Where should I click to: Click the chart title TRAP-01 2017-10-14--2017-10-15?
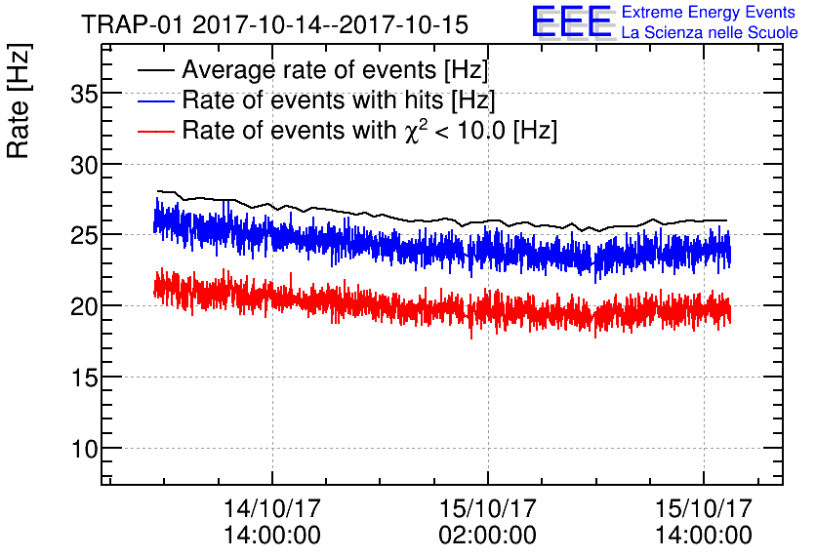coord(274,22)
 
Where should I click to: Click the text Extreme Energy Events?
coord(709,13)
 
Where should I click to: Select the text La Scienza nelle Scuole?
coord(709,33)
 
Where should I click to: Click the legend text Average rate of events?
coord(335,70)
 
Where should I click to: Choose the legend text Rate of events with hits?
coord(339,100)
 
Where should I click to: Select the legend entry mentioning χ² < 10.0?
coord(369,131)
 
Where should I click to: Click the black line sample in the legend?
coord(156,70)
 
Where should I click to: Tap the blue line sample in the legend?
coord(156,100)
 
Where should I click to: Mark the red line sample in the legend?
coord(156,131)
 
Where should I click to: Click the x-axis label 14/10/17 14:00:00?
coord(272,522)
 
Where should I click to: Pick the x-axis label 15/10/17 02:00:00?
coord(488,522)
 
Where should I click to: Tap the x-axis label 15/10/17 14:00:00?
coord(704,522)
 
